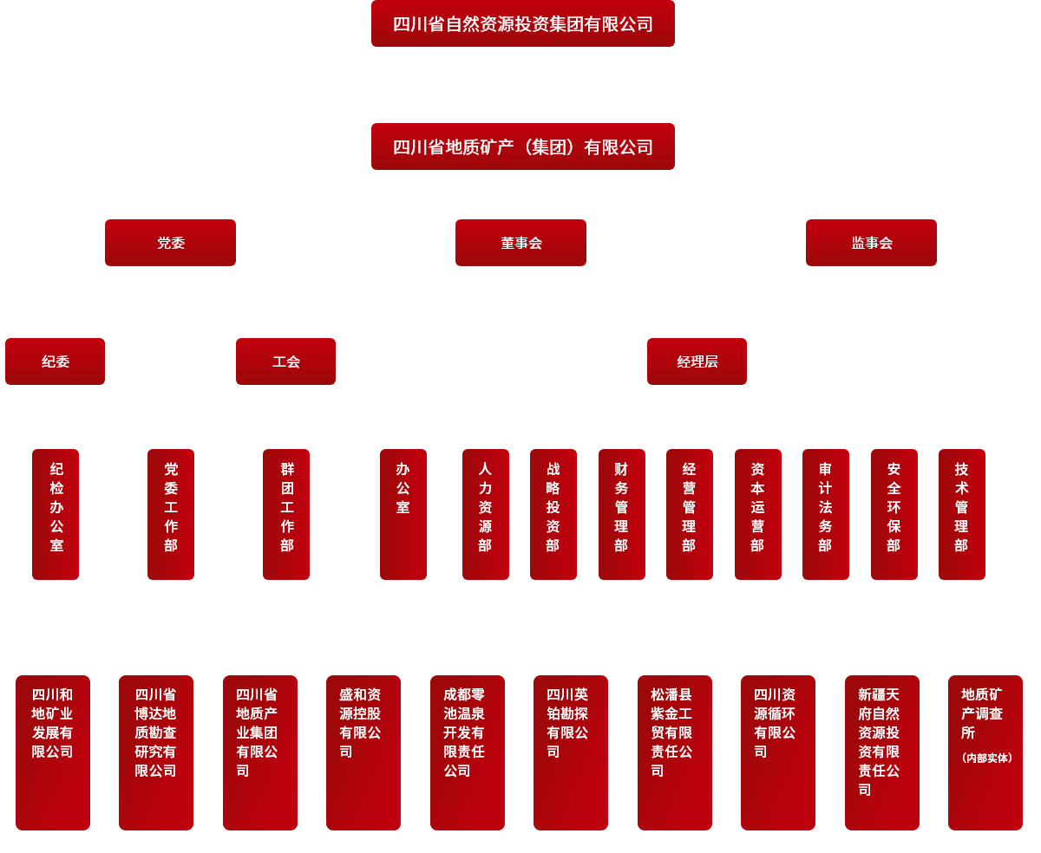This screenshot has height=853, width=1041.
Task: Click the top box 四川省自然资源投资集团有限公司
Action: [x=522, y=23]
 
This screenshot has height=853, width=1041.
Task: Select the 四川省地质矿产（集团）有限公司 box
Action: [x=522, y=147]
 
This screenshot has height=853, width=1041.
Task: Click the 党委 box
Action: [x=170, y=243]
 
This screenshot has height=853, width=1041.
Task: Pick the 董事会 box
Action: [x=520, y=243]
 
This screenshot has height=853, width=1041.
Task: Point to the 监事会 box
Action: [x=871, y=243]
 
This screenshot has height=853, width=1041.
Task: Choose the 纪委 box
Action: [x=55, y=361]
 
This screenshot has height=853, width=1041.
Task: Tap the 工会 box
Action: [x=285, y=361]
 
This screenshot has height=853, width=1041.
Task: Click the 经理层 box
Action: [x=697, y=361]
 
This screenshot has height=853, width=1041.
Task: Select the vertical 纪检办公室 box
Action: [x=56, y=514]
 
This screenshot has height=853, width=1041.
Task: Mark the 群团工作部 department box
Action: [x=286, y=514]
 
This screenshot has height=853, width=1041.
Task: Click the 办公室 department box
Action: [x=403, y=514]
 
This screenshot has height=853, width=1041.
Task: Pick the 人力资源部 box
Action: [x=485, y=514]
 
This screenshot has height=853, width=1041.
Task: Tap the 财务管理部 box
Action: [x=621, y=514]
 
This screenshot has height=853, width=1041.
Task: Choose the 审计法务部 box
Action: [x=825, y=514]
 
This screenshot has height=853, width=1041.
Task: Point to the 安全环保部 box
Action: [x=894, y=514]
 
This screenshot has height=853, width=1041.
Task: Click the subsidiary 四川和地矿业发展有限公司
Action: [x=53, y=752]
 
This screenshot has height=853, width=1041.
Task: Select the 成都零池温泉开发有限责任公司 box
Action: [x=467, y=752]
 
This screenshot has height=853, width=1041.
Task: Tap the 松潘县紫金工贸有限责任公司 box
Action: [x=674, y=752]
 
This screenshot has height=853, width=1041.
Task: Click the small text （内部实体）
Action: [x=986, y=758]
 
